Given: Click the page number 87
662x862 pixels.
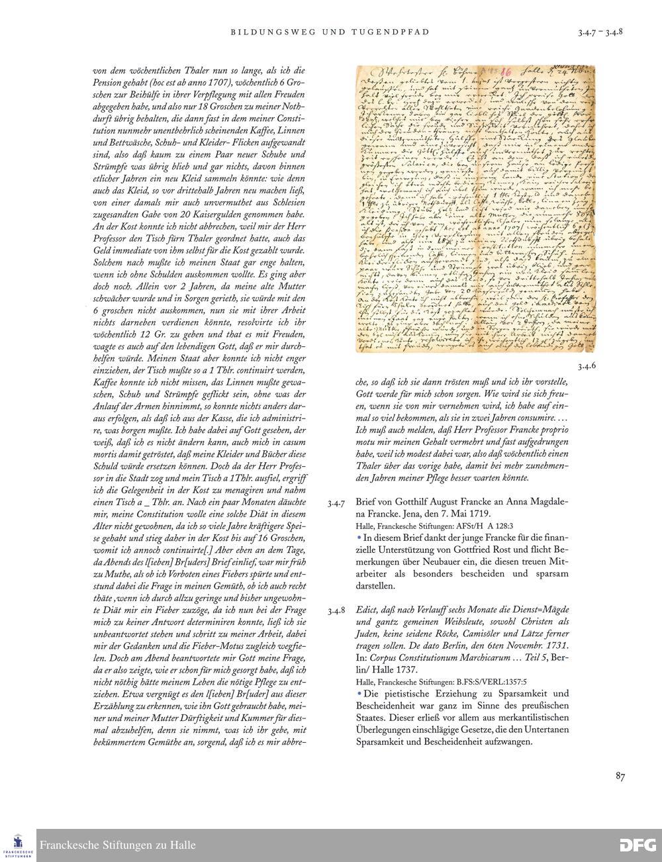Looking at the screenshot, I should click(620, 777).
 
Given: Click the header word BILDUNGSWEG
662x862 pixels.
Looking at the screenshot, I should click(265, 32).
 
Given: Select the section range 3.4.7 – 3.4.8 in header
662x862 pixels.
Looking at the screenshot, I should click(600, 32).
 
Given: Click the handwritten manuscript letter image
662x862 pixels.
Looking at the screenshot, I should click(475, 209).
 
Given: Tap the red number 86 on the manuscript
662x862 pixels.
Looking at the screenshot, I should click(505, 71).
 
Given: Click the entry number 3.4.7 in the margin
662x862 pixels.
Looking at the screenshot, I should click(336, 503).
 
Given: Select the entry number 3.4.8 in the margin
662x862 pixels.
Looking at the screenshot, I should click(336, 610).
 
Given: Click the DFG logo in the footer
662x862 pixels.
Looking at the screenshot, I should click(638, 845).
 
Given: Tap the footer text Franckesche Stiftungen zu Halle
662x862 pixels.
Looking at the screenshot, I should click(118, 845).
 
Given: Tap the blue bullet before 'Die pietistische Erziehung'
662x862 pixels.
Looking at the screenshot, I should click(359, 693).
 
